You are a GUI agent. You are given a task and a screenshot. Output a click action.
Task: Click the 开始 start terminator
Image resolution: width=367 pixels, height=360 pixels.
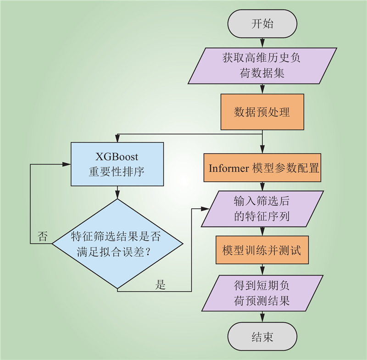(262, 24)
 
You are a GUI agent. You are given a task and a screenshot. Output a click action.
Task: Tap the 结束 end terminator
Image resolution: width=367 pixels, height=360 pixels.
(262, 337)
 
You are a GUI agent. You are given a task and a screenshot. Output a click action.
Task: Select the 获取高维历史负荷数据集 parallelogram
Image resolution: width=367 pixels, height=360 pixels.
(262, 66)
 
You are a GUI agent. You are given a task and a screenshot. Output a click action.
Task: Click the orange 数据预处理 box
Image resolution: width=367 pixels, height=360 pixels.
(262, 112)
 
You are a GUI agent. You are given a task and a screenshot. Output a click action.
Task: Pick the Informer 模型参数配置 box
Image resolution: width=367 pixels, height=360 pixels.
(262, 168)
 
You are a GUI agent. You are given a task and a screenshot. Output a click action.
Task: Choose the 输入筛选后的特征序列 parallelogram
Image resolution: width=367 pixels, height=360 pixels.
(262, 209)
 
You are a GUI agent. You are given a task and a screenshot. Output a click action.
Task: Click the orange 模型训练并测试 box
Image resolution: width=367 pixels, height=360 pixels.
(262, 250)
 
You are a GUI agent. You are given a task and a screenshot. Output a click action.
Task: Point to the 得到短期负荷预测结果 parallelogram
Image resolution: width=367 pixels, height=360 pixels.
(262, 294)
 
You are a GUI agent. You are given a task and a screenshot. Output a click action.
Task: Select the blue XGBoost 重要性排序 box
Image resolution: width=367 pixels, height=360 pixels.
(117, 164)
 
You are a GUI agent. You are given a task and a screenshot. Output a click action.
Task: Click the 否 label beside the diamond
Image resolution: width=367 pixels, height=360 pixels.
(43, 237)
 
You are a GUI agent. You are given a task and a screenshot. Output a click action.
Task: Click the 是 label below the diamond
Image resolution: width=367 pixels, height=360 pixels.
(160, 285)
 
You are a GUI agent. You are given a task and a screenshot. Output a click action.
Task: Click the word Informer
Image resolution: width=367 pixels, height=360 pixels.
(228, 168)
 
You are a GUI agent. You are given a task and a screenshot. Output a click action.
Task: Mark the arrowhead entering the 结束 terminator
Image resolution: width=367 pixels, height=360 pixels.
(262, 319)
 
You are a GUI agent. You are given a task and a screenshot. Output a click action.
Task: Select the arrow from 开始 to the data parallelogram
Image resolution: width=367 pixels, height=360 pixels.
(262, 43)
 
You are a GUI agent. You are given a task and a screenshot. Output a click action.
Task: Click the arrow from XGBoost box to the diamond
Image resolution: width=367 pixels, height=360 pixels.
(117, 192)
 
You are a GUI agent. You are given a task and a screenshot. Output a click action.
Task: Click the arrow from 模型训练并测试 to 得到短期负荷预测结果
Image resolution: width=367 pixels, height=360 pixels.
(262, 269)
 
